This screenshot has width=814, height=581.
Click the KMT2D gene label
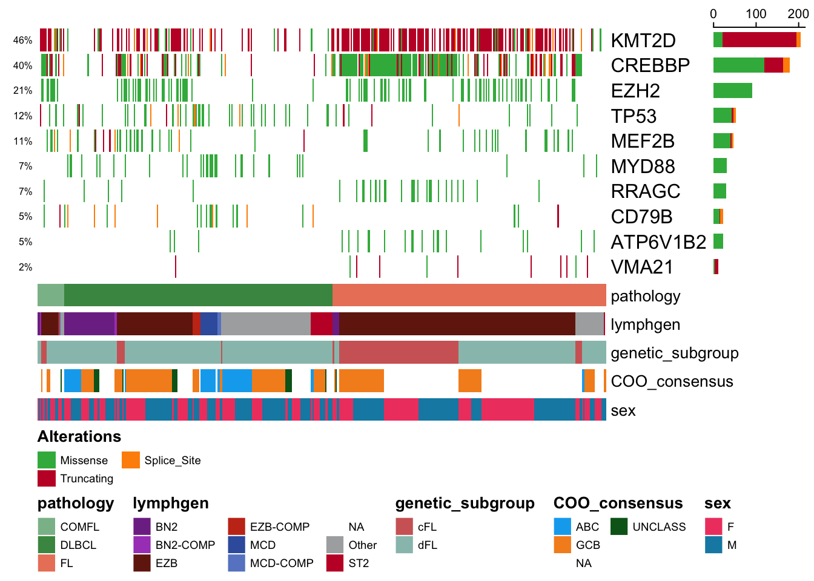(x=643, y=41)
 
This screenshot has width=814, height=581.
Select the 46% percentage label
(x=22, y=40)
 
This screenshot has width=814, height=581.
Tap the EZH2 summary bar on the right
(x=732, y=90)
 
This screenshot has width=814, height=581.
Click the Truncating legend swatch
(x=47, y=478)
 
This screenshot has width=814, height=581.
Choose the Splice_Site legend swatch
(x=131, y=460)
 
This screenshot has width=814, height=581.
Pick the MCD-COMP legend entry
(x=271, y=563)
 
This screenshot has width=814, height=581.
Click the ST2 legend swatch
(x=335, y=563)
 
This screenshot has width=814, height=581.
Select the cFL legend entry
(x=416, y=527)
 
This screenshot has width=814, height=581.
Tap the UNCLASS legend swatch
(x=619, y=527)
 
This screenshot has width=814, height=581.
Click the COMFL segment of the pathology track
(x=51, y=295)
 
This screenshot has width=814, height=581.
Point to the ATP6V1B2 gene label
(x=658, y=242)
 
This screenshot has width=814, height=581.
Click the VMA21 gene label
(x=642, y=268)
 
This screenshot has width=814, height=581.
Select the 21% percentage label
(x=22, y=90)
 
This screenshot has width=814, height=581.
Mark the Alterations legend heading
(x=79, y=436)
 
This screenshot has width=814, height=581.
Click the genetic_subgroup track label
(x=675, y=353)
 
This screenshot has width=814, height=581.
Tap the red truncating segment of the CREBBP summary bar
(x=773, y=65)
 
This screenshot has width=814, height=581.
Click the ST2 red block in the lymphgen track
(x=321, y=324)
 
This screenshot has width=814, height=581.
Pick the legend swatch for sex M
(x=713, y=545)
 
